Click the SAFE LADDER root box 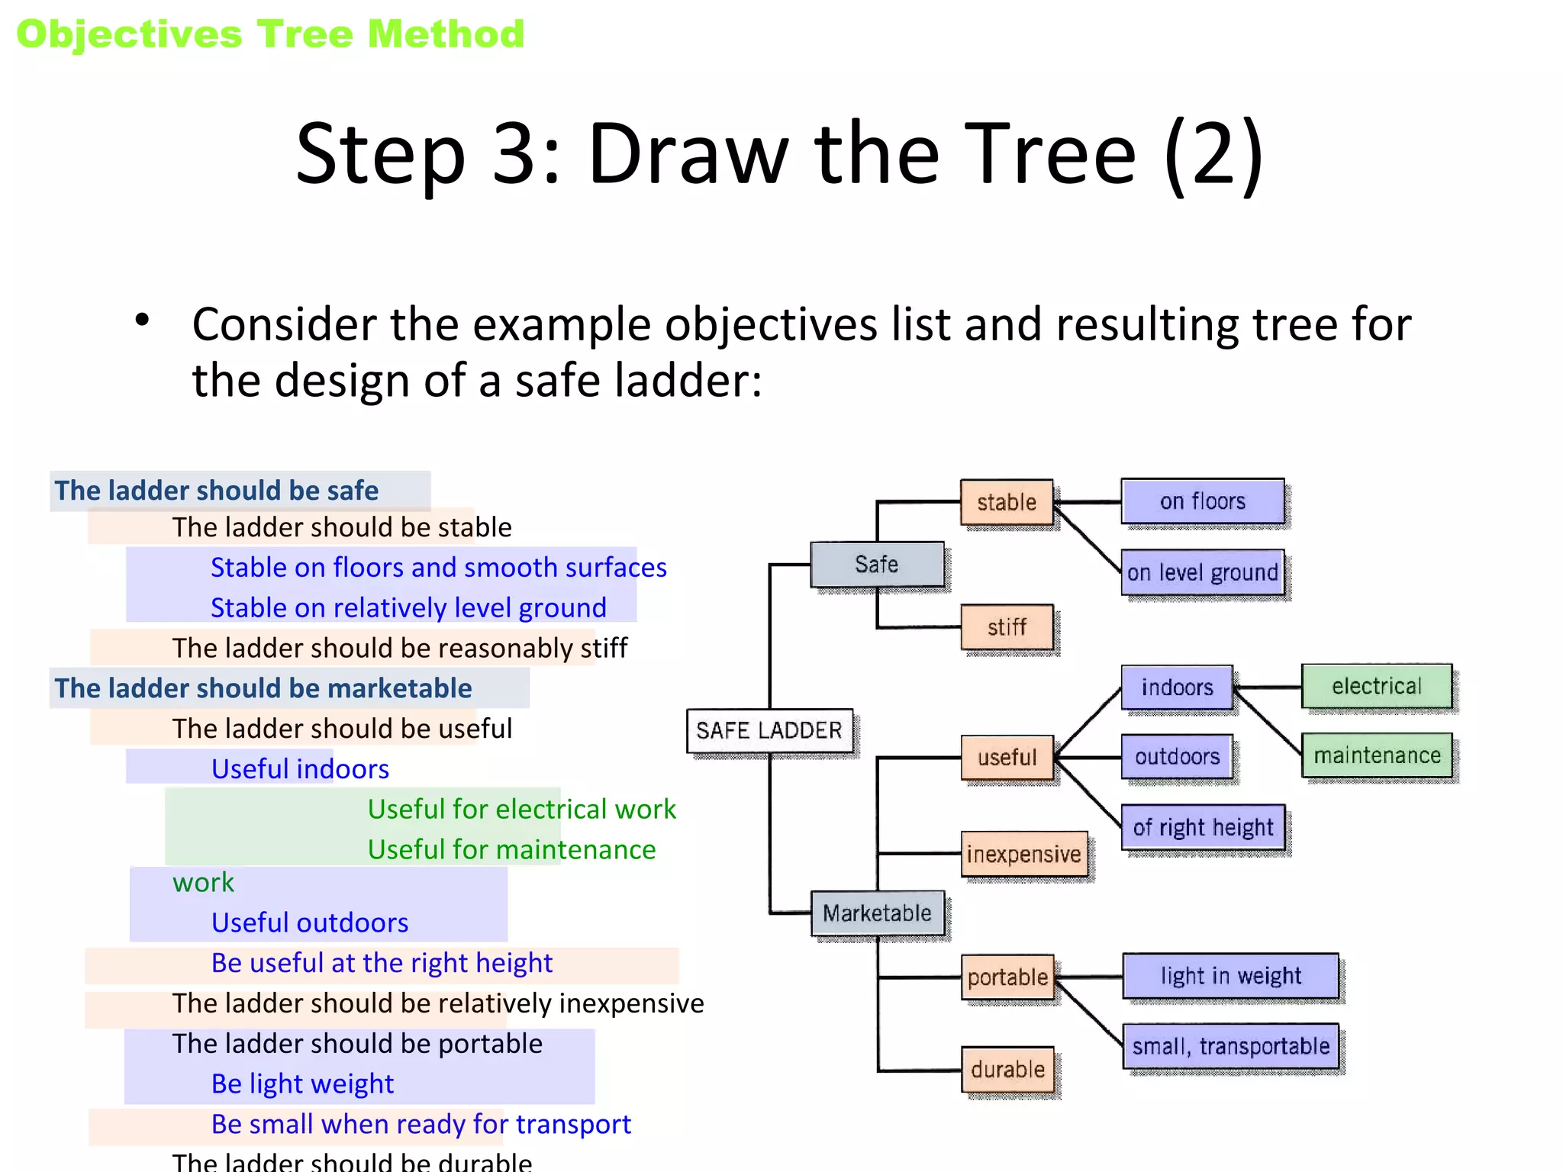[769, 730]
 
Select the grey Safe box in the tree [877, 564]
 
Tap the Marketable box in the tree [877, 913]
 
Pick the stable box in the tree [1007, 502]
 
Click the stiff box [1007, 627]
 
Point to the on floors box [1203, 501]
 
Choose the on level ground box [1203, 572]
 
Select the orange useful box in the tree [1007, 757]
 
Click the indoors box [1177, 687]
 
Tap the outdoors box [1177, 756]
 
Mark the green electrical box [1377, 686]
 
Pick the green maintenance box [1377, 755]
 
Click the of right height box [1204, 827]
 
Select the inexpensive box [1024, 854]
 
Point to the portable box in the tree [1007, 977]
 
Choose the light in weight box [1231, 975]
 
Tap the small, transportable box [1231, 1045]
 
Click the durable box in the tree [1007, 1069]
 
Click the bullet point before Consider [142, 320]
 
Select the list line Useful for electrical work [521, 809]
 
